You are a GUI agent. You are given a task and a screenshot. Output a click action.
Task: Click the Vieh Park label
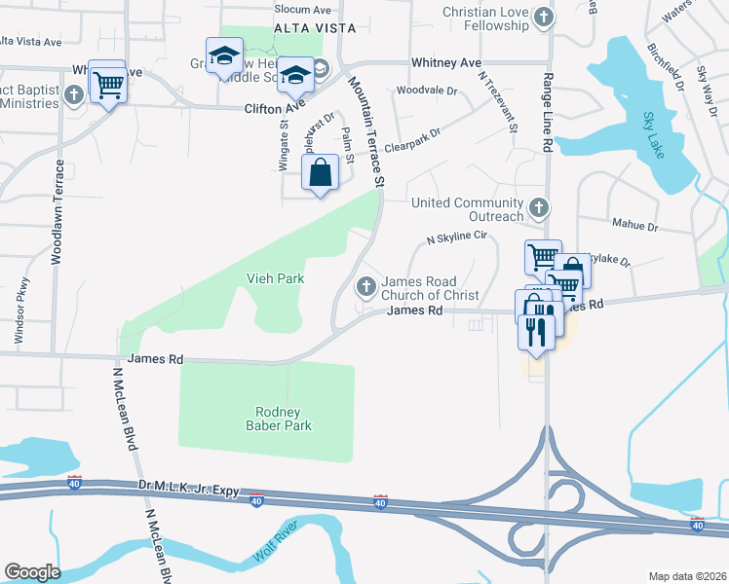tap(274, 278)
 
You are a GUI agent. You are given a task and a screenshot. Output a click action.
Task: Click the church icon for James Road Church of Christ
tap(366, 285)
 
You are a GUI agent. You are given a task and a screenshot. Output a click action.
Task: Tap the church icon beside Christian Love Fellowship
tap(543, 16)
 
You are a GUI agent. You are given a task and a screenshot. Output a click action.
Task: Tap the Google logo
tap(32, 571)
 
